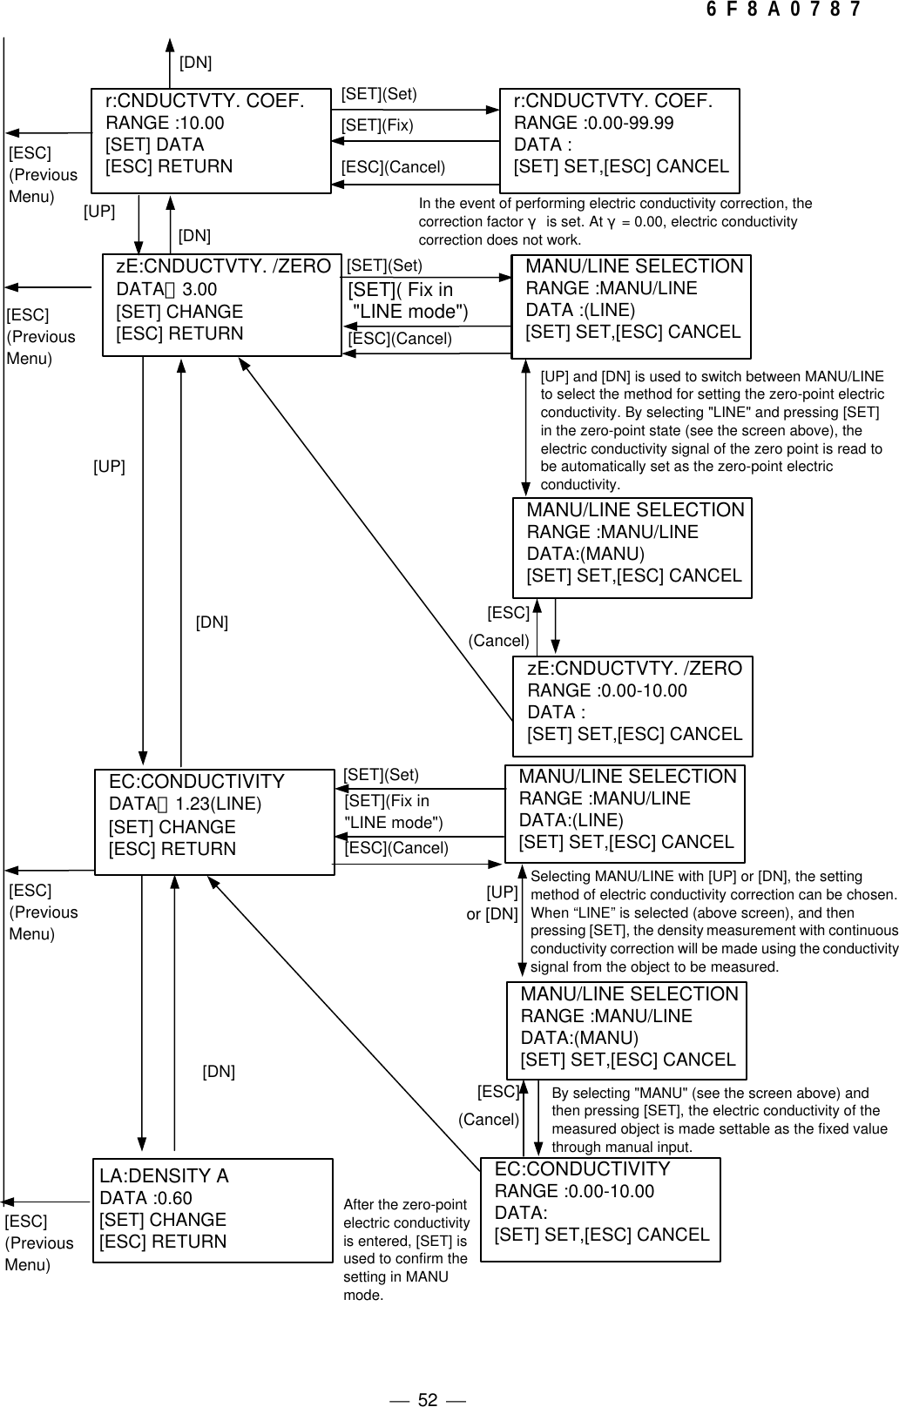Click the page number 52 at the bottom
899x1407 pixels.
point(427,1376)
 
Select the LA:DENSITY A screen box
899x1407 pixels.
point(213,1209)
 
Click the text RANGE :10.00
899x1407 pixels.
point(165,123)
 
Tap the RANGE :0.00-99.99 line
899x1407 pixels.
point(593,123)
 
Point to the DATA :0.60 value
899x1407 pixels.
point(146,1198)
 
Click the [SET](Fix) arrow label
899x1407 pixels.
point(376,125)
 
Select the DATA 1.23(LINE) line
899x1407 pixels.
point(185,804)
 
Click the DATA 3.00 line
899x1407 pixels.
point(167,289)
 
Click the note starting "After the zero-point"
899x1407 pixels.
point(406,1249)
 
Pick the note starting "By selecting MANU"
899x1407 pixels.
point(719,1120)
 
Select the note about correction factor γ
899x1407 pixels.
point(614,221)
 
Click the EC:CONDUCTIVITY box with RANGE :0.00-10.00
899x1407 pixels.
point(601,1209)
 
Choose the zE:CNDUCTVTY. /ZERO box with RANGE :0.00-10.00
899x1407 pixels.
point(633,706)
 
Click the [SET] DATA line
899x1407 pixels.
point(154,145)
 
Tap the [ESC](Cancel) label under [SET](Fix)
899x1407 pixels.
point(393,167)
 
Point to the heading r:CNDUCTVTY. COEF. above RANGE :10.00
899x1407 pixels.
point(205,101)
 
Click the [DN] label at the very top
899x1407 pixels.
point(195,63)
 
